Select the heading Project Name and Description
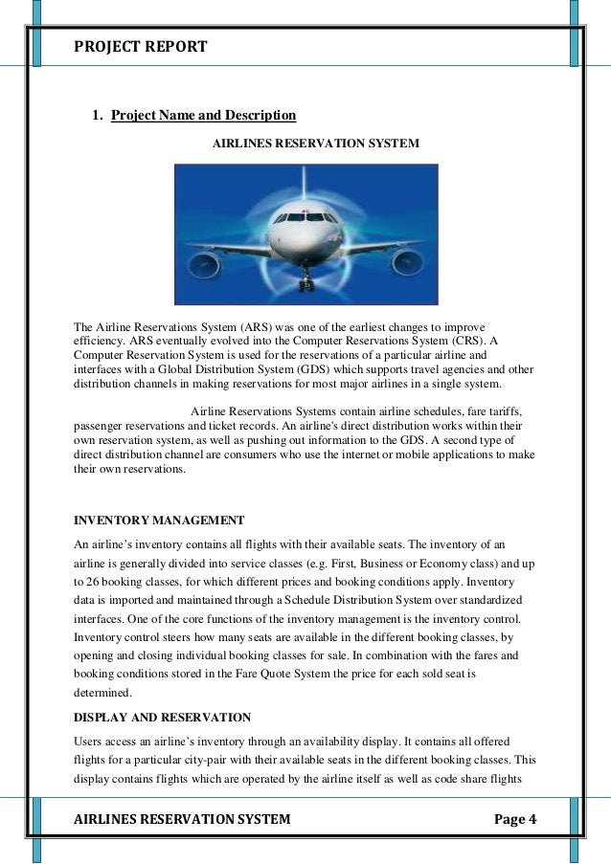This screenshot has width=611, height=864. (x=203, y=116)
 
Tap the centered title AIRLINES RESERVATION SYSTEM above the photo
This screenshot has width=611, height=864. (x=315, y=144)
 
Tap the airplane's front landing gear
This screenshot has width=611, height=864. (x=305, y=282)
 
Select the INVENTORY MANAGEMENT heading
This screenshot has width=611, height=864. (x=159, y=521)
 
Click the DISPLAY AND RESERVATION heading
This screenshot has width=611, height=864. (x=163, y=717)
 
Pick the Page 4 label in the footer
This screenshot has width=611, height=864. (x=516, y=819)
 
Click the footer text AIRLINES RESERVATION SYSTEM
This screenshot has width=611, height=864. (x=182, y=819)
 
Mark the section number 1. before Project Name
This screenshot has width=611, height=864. (x=97, y=117)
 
